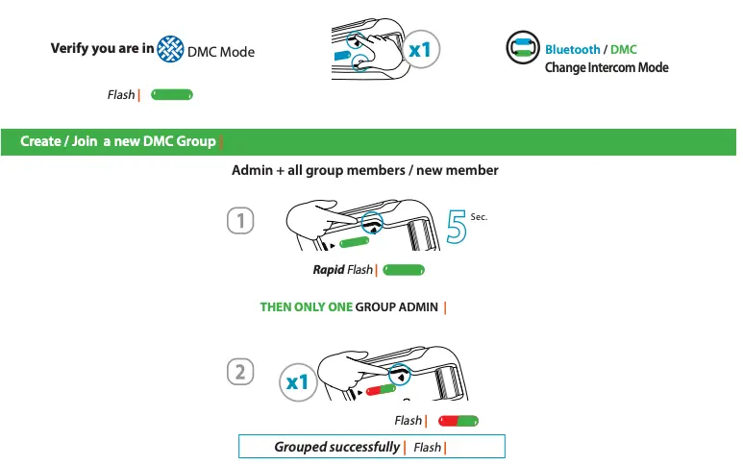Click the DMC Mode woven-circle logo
pyautogui.click(x=170, y=49)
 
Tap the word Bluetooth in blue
pyautogui.click(x=573, y=49)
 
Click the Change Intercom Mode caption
pyautogui.click(x=607, y=67)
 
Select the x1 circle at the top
pyautogui.click(x=419, y=49)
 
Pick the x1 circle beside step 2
pyautogui.click(x=299, y=382)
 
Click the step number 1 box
pyautogui.click(x=240, y=221)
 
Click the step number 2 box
pyautogui.click(x=240, y=372)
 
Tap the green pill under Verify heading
pyautogui.click(x=173, y=94)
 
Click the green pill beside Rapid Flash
pyautogui.click(x=404, y=270)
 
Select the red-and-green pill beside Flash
pyautogui.click(x=458, y=421)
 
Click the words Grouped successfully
pyautogui.click(x=336, y=447)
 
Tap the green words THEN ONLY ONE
pyautogui.click(x=306, y=307)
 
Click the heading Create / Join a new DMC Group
pyautogui.click(x=118, y=142)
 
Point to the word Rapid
pyautogui.click(x=328, y=270)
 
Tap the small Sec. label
pyautogui.click(x=480, y=218)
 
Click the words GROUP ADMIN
pyautogui.click(x=397, y=307)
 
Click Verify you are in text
pyautogui.click(x=102, y=49)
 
